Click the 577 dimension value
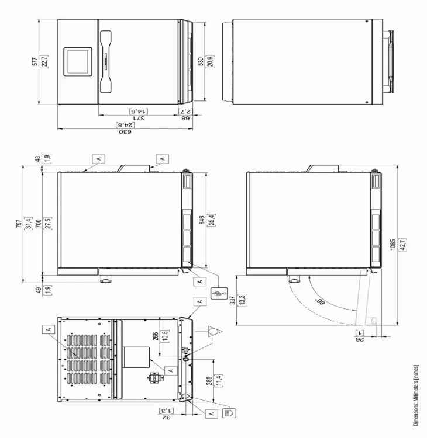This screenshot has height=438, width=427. point(35,61)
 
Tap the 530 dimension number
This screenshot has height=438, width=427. point(201,62)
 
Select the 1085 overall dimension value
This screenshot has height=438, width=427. point(393,245)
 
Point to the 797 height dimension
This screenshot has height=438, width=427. point(19,224)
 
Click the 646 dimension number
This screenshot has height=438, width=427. point(202,220)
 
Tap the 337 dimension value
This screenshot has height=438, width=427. point(232,300)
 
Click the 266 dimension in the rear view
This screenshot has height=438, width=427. point(155,336)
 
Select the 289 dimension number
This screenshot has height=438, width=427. point(209,381)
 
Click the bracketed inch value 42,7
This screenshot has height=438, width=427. point(404,245)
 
